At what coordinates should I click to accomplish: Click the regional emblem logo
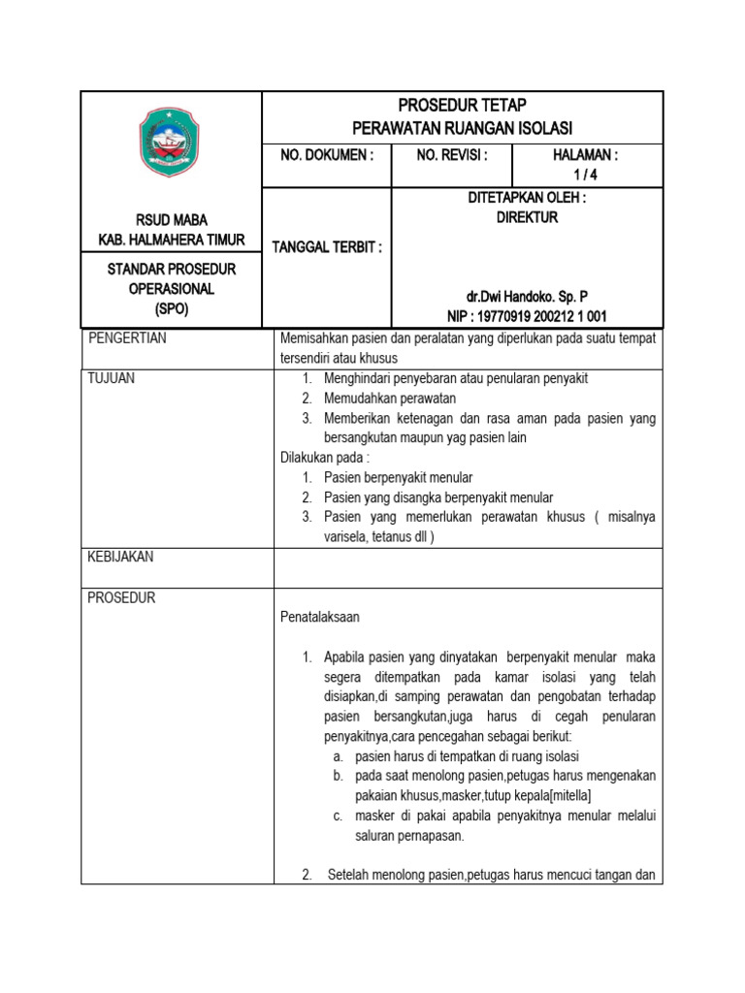coord(172,143)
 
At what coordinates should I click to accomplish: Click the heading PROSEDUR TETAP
coord(463,105)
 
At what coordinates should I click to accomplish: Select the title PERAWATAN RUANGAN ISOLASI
coord(463,128)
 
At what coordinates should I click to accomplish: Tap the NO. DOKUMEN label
coord(325,155)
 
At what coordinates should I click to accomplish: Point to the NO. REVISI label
coord(452,155)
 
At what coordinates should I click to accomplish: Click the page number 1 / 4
coord(585,175)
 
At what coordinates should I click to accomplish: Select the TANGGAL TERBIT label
coord(327,247)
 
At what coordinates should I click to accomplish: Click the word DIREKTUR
coord(527,218)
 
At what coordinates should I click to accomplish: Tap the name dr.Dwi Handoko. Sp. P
coord(527,297)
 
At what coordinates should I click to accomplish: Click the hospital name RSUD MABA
coord(172,220)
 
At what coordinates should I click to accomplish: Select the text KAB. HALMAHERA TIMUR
coord(172,240)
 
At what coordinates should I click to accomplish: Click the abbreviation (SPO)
coord(172,309)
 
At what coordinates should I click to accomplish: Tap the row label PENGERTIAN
coord(127,337)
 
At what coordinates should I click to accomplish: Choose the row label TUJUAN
coord(112,378)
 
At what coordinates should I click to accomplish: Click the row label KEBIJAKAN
coord(120,557)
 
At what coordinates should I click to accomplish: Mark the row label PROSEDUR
coord(121,597)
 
